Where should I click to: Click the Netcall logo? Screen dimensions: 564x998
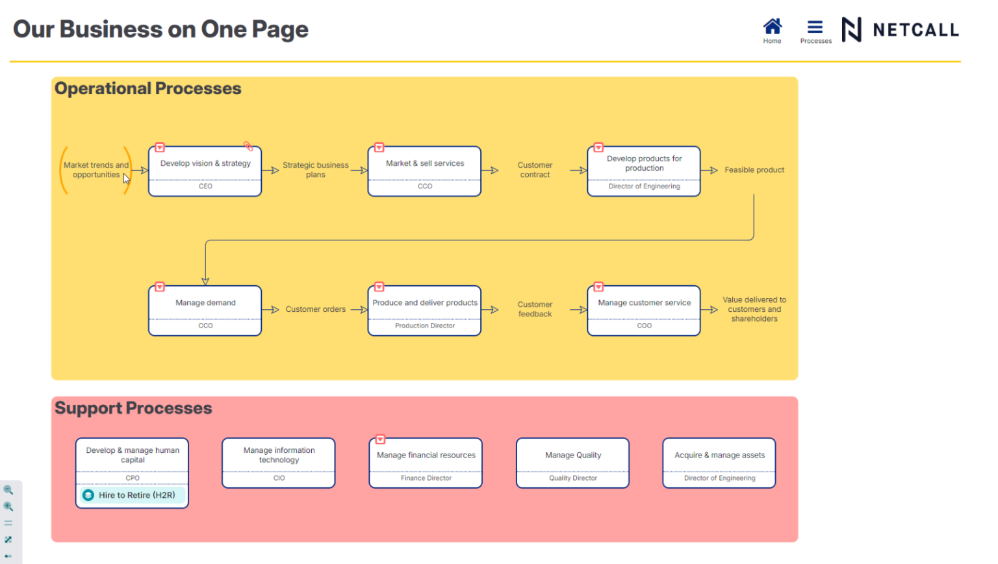(900, 30)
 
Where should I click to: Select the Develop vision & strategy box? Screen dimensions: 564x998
(205, 164)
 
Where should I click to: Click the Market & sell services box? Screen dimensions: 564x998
(424, 164)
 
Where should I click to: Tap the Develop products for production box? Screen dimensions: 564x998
(643, 164)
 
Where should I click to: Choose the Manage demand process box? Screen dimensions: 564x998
(205, 303)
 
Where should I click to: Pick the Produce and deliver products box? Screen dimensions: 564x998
(424, 303)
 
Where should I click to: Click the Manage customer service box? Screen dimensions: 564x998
(643, 303)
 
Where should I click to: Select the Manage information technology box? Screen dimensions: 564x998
(279, 455)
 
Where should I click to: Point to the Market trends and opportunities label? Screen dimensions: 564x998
(96, 170)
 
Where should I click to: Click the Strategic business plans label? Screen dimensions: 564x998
(315, 170)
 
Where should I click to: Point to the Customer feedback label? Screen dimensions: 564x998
(535, 309)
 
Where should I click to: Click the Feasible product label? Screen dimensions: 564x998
(754, 170)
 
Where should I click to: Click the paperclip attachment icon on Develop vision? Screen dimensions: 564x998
(248, 146)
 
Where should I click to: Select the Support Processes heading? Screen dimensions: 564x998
(133, 408)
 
